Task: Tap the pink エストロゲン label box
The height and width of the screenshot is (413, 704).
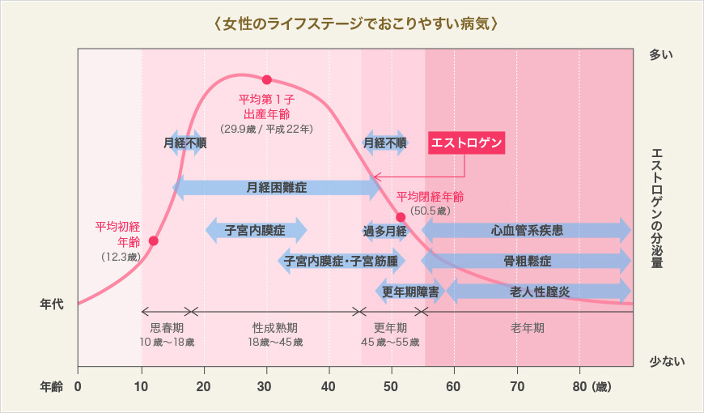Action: coord(466,143)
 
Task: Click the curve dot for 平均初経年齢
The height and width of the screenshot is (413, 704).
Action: coord(154,241)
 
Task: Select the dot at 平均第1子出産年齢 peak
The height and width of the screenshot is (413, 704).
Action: coord(266,79)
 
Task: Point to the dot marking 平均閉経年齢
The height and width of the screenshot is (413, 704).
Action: coord(401,217)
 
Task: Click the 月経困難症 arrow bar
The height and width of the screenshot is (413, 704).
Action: coord(277,188)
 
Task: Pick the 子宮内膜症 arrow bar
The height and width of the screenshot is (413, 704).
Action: coord(255,230)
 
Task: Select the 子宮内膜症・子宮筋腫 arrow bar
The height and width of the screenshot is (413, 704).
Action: coord(341,262)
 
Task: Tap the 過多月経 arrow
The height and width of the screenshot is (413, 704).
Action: coord(384,231)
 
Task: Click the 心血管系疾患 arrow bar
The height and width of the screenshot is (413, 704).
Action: coord(526,230)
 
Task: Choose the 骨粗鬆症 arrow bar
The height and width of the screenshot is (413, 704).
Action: coord(526,262)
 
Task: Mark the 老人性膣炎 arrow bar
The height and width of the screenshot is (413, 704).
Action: coord(539,291)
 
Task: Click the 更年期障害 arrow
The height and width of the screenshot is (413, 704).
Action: coord(410,291)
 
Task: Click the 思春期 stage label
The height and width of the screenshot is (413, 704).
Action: coord(167,328)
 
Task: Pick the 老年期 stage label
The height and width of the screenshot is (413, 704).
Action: coord(527,328)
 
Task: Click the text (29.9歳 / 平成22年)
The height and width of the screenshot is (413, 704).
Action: coord(266,129)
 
